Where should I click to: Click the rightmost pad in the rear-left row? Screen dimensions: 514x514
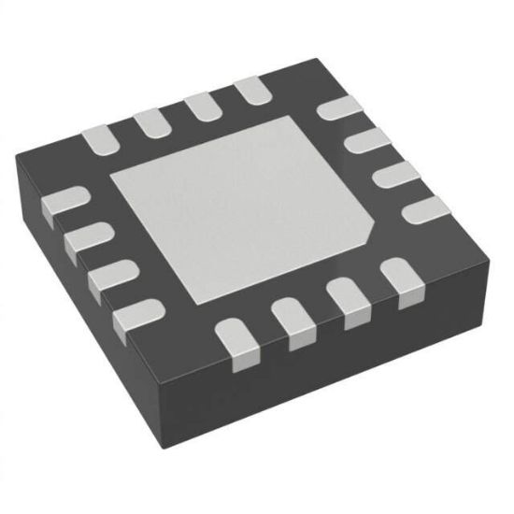(x=250, y=91)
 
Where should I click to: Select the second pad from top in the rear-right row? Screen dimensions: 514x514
(x=366, y=141)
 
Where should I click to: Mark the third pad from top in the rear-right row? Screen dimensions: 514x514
(x=394, y=175)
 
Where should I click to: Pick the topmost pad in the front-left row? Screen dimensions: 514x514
(x=65, y=202)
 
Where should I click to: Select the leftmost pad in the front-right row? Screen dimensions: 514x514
(x=237, y=339)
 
